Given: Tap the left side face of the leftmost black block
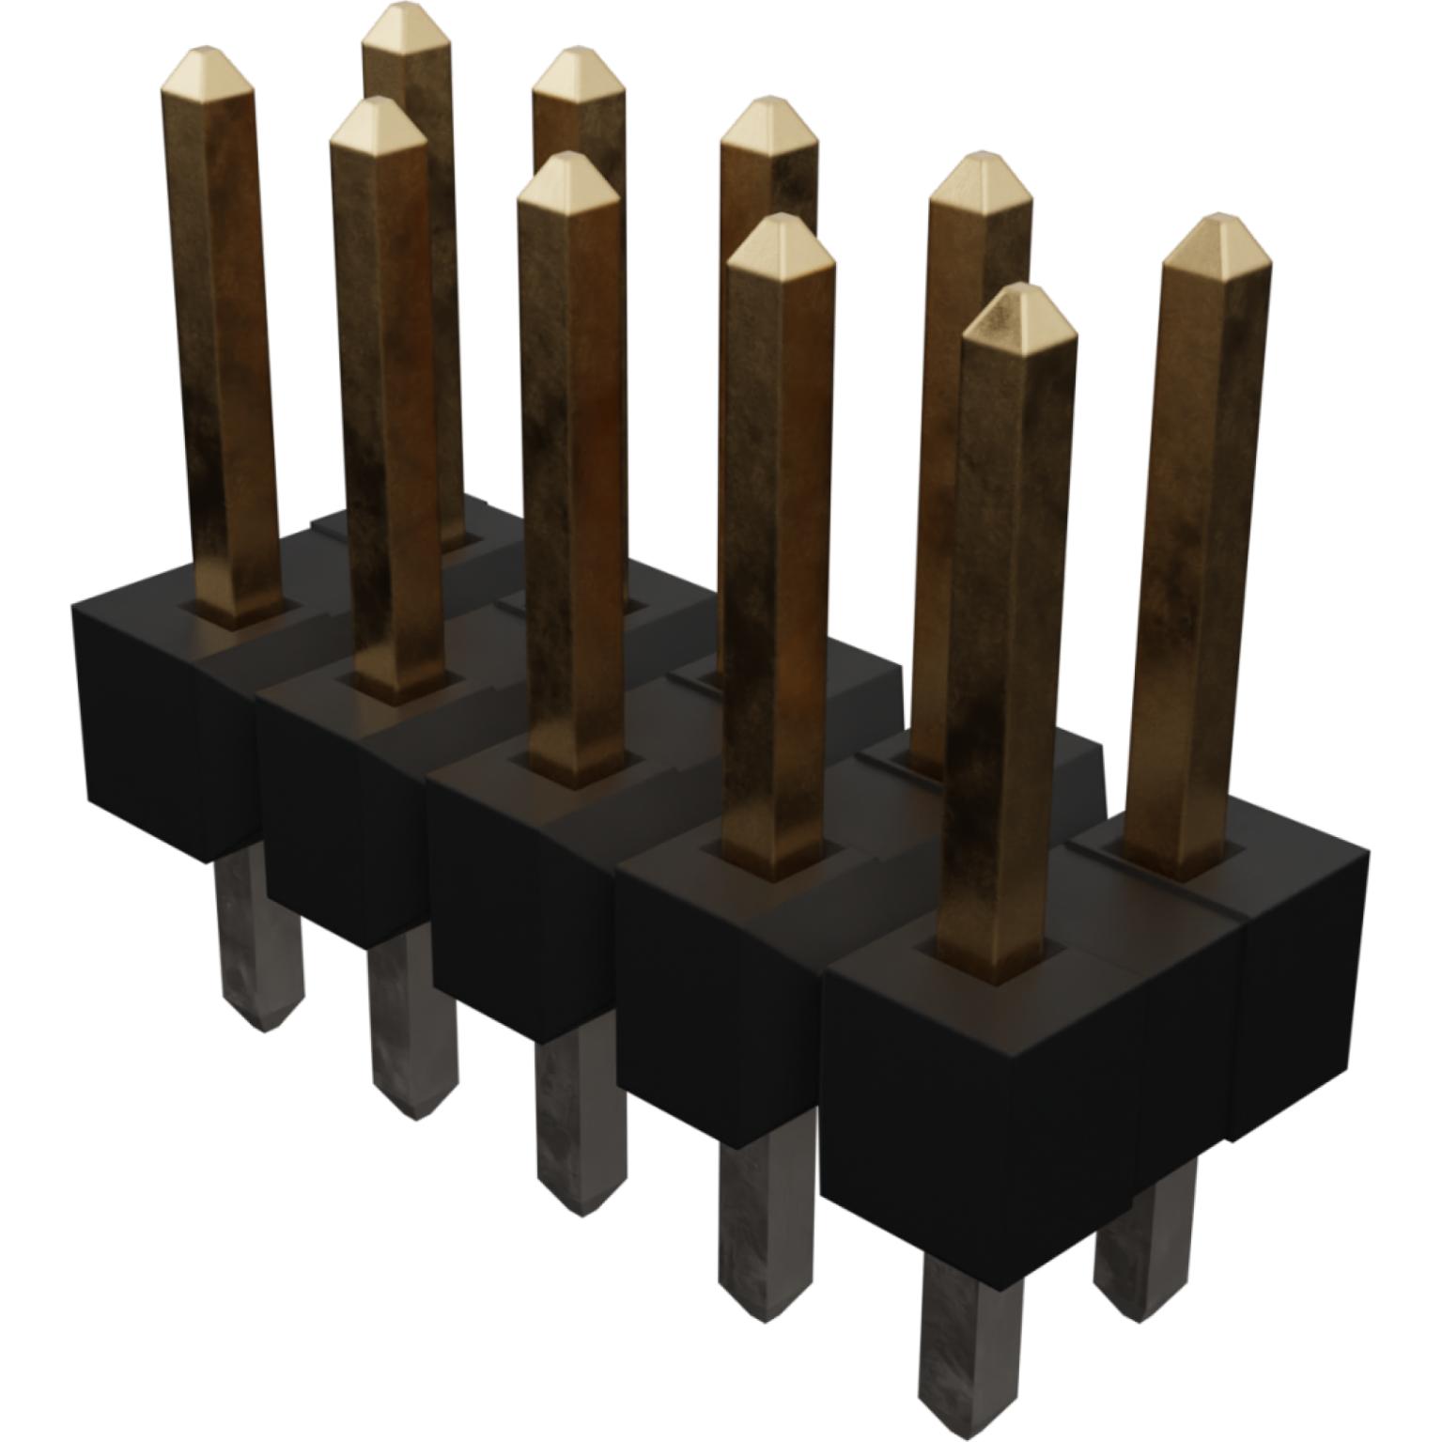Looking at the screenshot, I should click(141, 723).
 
